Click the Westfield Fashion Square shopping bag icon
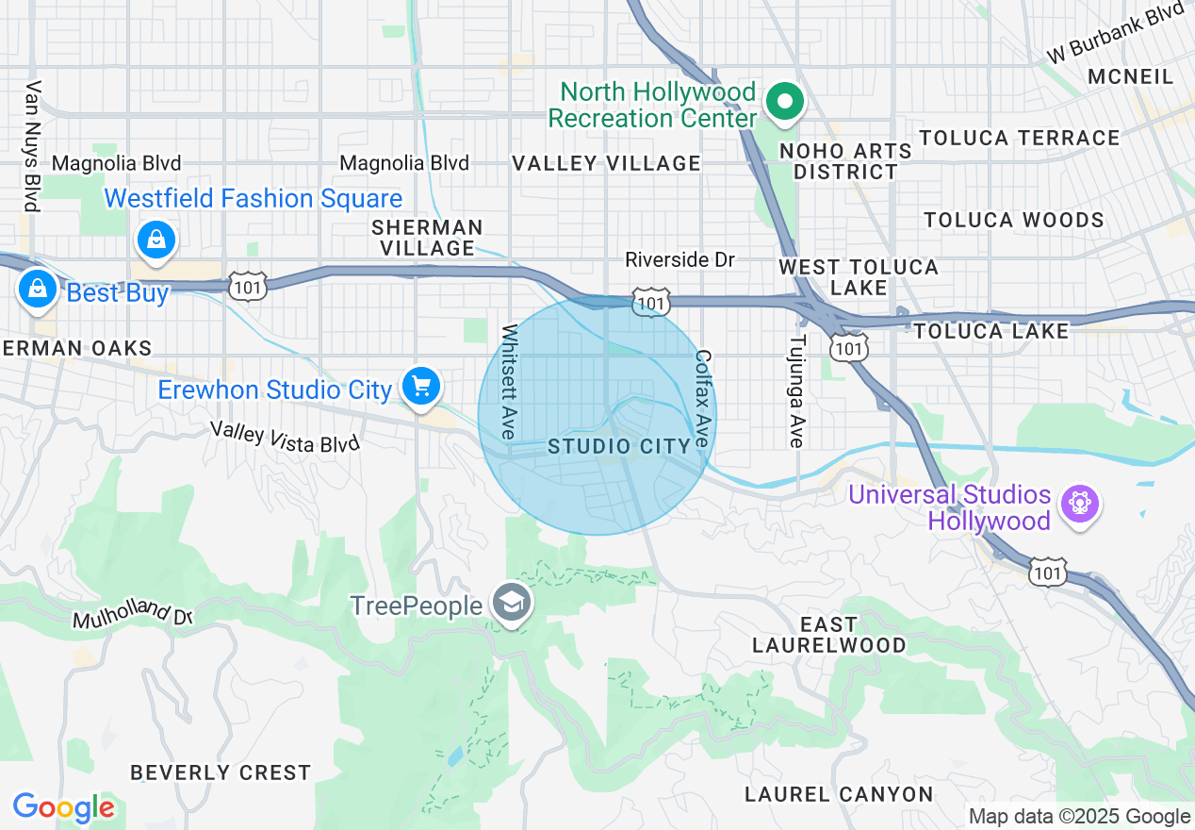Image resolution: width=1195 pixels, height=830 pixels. click(156, 239)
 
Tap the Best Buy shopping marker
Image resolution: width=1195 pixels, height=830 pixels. click(37, 288)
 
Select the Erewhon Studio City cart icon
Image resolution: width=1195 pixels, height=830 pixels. click(420, 385)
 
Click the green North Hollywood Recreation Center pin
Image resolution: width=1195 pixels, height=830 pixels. click(783, 101)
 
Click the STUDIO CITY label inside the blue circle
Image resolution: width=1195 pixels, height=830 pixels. click(619, 446)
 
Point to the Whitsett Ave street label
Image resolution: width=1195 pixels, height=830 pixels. click(510, 382)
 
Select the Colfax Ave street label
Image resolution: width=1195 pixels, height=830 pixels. click(702, 397)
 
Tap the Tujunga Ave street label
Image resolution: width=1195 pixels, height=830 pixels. click(797, 391)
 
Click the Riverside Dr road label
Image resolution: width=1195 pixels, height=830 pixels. click(679, 259)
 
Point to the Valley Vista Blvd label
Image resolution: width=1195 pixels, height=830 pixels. click(285, 437)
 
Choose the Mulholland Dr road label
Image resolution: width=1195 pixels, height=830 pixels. click(133, 613)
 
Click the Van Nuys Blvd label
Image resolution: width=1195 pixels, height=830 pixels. click(34, 146)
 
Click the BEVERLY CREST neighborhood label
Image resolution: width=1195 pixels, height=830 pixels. click(221, 772)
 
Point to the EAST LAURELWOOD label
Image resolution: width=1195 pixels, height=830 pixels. click(829, 635)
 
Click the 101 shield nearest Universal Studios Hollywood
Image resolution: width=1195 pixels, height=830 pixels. click(1049, 572)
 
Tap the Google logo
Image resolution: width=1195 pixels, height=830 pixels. click(63, 808)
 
